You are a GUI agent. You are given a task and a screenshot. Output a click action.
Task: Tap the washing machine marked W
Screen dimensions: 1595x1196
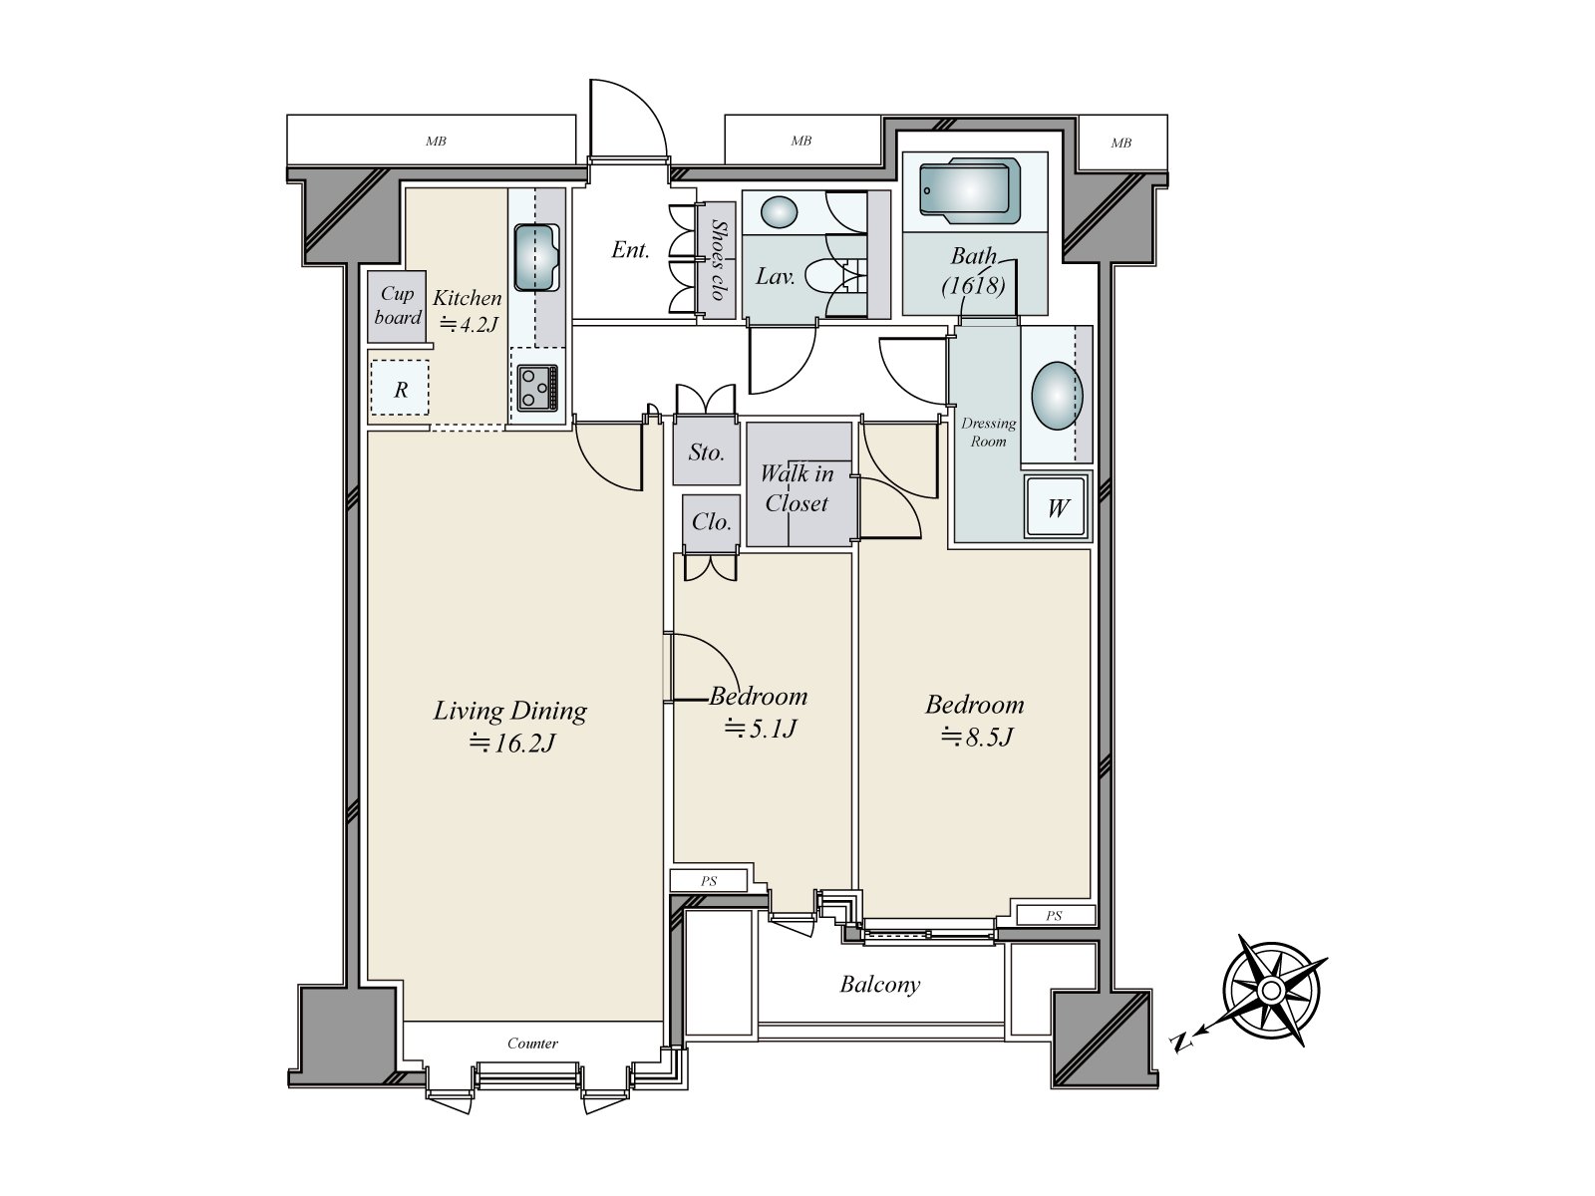click(1058, 507)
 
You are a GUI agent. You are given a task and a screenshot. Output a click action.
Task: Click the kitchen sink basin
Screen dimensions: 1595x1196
click(536, 258)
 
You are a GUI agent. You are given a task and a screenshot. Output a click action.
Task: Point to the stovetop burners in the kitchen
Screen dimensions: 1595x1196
click(537, 388)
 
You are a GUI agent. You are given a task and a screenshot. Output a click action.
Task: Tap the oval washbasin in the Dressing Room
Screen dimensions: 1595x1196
click(1058, 396)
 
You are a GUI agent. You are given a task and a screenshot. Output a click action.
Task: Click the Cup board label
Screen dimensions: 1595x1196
click(398, 306)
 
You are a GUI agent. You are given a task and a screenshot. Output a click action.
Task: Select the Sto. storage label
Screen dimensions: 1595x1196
click(707, 452)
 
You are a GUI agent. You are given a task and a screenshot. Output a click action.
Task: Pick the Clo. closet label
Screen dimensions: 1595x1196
click(712, 521)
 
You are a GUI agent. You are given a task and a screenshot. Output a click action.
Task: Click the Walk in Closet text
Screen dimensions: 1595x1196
click(797, 488)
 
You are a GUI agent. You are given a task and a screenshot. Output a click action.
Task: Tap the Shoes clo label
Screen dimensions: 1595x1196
click(718, 260)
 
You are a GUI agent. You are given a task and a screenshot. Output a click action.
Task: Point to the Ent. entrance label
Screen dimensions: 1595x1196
click(630, 250)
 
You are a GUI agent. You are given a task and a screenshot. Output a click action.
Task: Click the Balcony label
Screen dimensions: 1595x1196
click(880, 984)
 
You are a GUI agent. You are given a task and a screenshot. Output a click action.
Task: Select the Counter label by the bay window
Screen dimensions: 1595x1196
click(532, 1043)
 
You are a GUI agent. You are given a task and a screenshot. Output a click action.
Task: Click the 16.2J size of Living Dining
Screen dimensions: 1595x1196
click(513, 743)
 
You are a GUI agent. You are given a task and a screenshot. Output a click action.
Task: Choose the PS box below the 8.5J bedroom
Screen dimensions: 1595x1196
click(1055, 915)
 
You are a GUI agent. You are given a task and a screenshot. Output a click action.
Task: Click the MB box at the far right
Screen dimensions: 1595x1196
click(1121, 144)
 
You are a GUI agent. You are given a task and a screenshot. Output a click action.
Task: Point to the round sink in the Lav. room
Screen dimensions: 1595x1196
click(779, 212)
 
